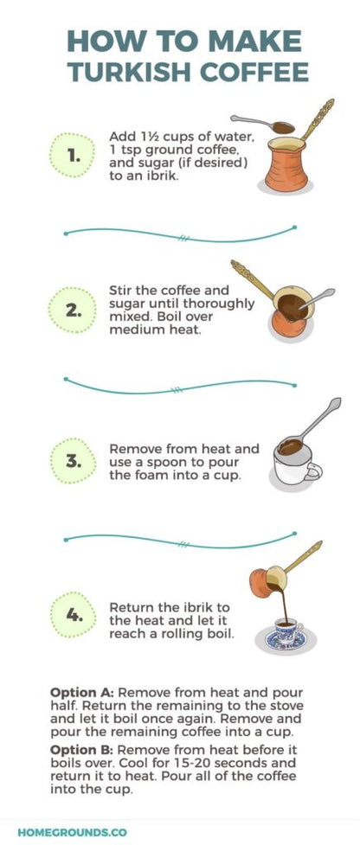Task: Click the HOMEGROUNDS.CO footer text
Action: pos(73,831)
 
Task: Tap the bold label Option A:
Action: pos(82,693)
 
